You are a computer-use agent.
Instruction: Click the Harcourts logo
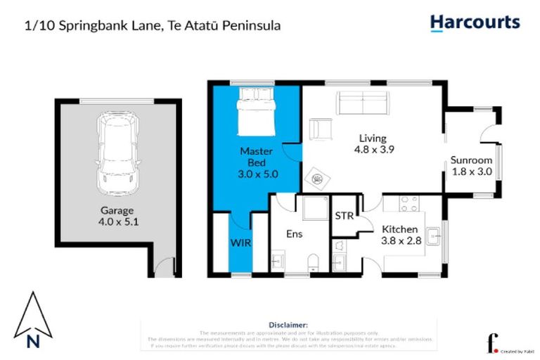(x=475, y=22)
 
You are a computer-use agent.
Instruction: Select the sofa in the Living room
(x=363, y=103)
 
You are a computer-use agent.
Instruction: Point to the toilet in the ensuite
(x=313, y=262)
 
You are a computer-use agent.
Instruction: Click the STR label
(x=344, y=216)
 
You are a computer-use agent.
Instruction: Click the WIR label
(x=239, y=243)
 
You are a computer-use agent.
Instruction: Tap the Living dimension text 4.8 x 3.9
(x=373, y=150)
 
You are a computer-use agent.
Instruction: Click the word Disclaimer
(x=288, y=325)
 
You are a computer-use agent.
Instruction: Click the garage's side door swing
(x=165, y=266)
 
